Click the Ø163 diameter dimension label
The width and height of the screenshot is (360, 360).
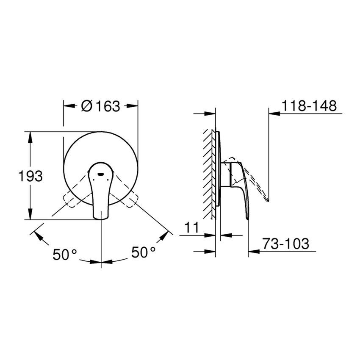coord(100,106)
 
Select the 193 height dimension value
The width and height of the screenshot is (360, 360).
coord(31,176)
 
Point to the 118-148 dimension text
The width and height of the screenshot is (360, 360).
coord(309,105)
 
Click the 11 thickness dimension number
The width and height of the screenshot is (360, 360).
coord(192,227)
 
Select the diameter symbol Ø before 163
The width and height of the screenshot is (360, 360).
coord(86,106)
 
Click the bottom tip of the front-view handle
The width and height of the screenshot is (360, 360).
coord(101,219)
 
